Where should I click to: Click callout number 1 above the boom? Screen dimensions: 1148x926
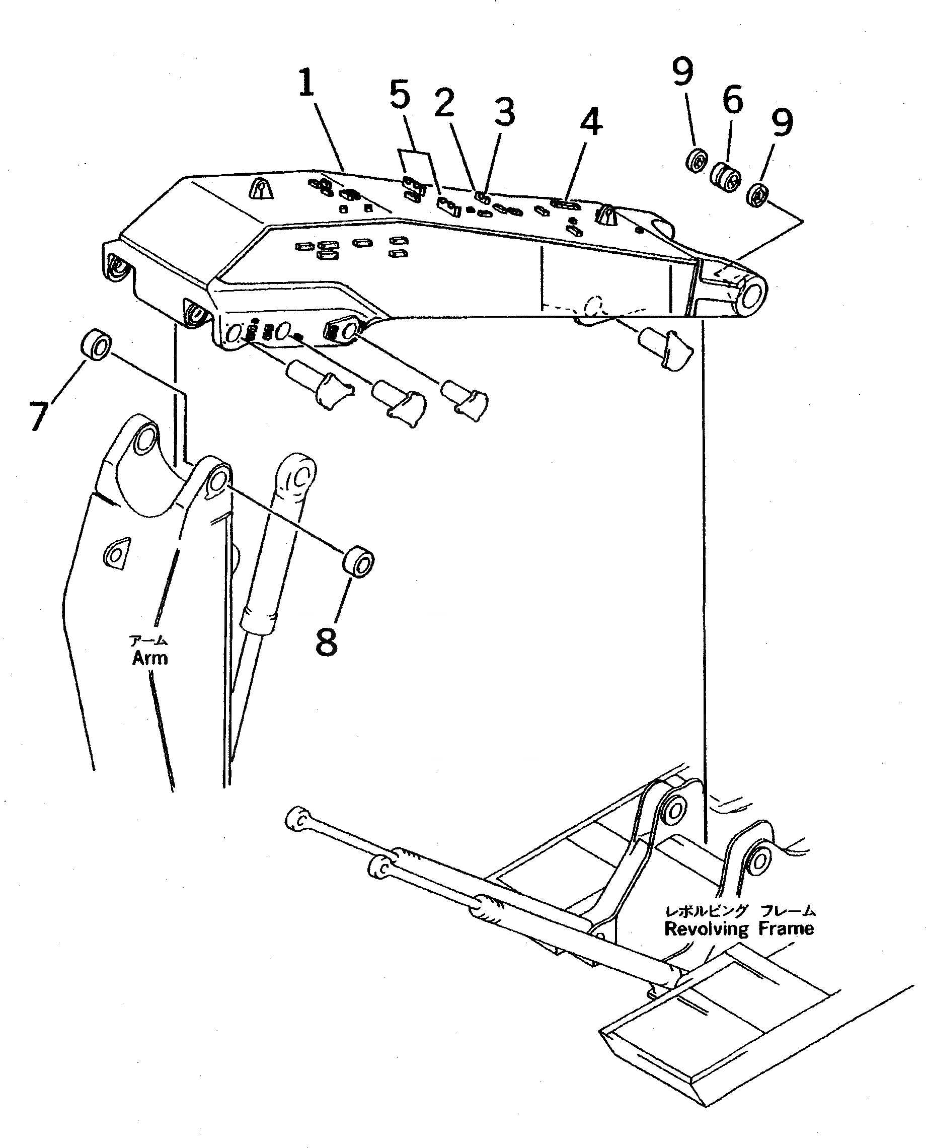[305, 83]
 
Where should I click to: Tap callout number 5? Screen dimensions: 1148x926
[400, 96]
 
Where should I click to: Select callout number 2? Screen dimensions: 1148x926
[444, 103]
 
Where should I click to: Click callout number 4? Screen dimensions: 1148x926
[590, 122]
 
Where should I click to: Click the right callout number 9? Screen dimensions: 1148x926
[783, 122]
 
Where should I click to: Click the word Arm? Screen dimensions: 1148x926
[150, 658]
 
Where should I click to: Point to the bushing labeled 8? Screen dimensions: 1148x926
[357, 562]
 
